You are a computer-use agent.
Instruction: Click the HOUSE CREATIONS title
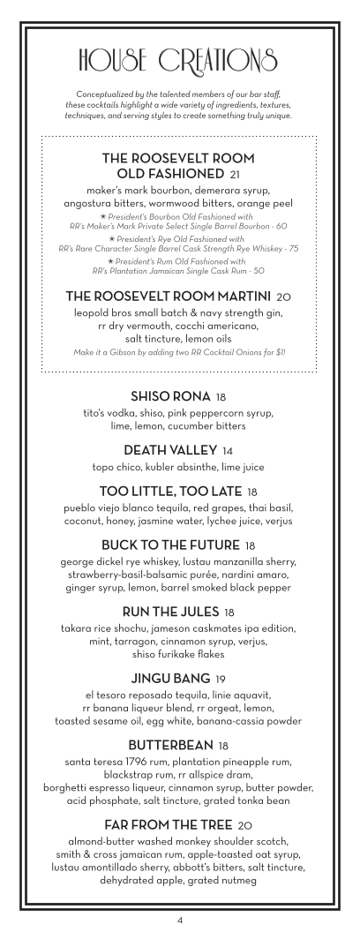[179, 59]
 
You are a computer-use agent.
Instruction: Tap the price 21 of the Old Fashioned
[235, 173]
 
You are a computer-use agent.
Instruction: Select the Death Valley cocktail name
[173, 450]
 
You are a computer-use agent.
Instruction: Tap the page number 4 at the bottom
[180, 920]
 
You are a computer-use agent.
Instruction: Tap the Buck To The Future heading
[172, 545]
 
